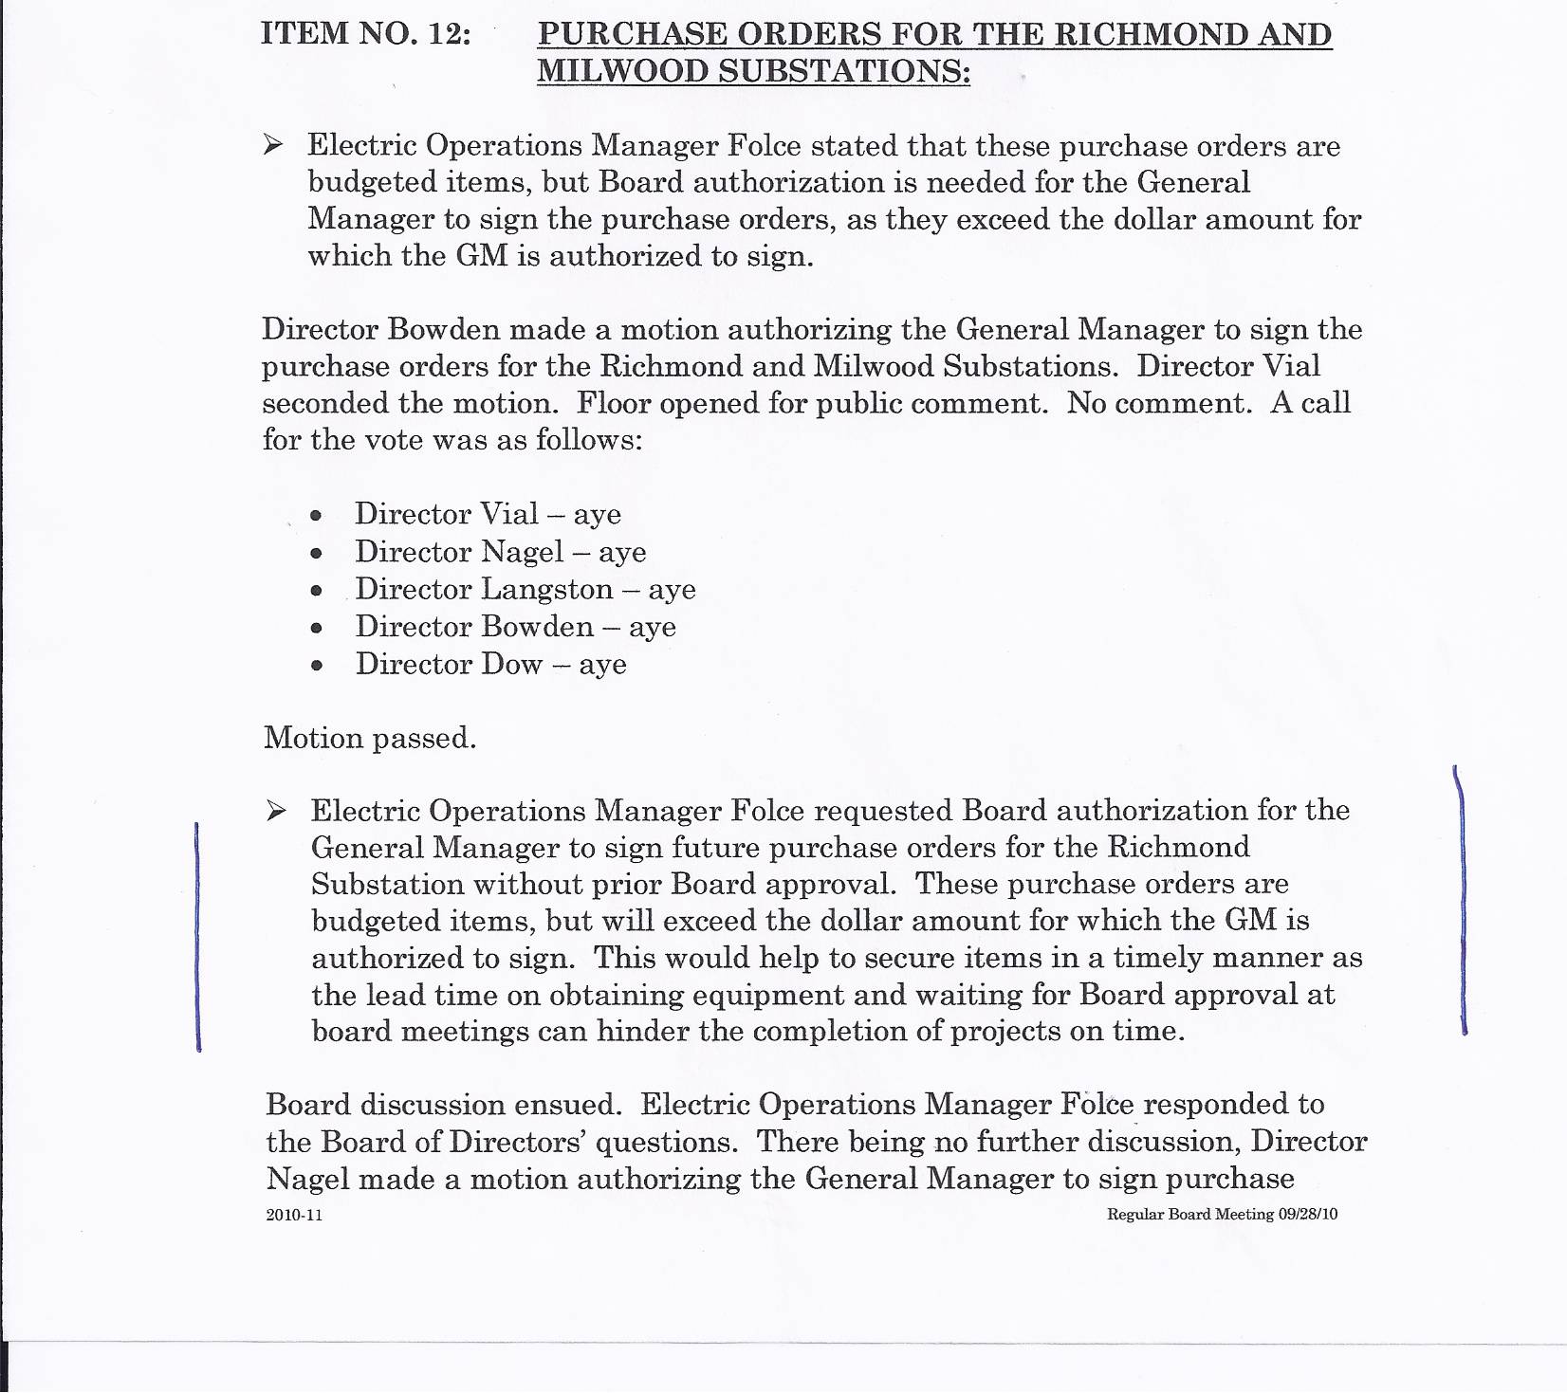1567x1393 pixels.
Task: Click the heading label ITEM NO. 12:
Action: tap(366, 33)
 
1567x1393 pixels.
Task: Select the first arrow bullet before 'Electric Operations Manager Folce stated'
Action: tap(273, 145)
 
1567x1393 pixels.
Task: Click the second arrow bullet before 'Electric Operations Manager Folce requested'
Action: tap(276, 811)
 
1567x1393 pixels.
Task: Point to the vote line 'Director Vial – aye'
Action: tap(488, 514)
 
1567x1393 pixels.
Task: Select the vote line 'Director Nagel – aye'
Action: tap(500, 552)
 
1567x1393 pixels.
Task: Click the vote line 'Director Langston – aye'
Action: tap(525, 590)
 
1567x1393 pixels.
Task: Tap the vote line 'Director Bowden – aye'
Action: tap(515, 627)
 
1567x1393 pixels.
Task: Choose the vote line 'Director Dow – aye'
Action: tap(490, 664)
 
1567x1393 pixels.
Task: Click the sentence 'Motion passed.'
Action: tap(370, 738)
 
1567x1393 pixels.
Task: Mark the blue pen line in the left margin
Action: tap(197, 937)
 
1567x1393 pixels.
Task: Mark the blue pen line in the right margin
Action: tap(1462, 901)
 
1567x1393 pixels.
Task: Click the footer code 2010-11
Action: tap(294, 1215)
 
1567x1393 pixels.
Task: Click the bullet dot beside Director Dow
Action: tap(317, 666)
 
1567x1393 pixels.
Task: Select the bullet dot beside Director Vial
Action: tap(317, 516)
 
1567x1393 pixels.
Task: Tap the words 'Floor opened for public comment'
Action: tap(812, 403)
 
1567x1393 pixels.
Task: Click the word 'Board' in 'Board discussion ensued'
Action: tap(308, 1105)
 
